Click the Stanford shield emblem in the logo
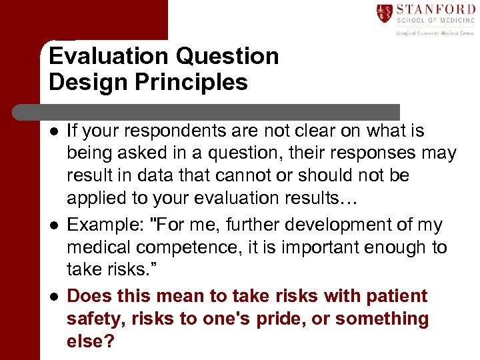coord(385,13)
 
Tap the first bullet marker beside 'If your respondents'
coord(53,131)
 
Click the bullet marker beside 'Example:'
coord(53,226)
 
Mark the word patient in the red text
coord(392,296)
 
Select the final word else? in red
coord(91,341)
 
